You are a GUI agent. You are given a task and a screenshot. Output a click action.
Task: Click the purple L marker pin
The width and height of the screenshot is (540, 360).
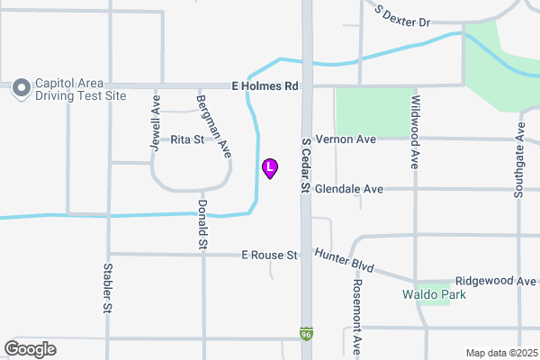[x=269, y=167]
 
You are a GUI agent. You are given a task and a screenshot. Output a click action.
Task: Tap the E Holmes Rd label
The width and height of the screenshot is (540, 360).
[x=265, y=85]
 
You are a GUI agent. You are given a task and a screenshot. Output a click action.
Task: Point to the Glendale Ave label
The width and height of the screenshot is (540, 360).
[x=349, y=189]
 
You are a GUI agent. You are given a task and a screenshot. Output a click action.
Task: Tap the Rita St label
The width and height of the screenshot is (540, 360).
[x=187, y=139]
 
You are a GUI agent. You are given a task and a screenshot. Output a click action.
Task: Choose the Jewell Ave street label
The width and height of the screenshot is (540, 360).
[x=156, y=123]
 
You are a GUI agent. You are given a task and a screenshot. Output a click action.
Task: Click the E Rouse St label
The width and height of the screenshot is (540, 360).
[x=269, y=256]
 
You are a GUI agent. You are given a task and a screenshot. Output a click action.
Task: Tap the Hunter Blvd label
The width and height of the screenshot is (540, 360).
[x=344, y=262]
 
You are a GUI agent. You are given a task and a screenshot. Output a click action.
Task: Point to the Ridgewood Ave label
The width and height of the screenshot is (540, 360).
[x=496, y=281]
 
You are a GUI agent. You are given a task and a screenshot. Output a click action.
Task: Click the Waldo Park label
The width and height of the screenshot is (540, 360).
[x=434, y=294]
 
